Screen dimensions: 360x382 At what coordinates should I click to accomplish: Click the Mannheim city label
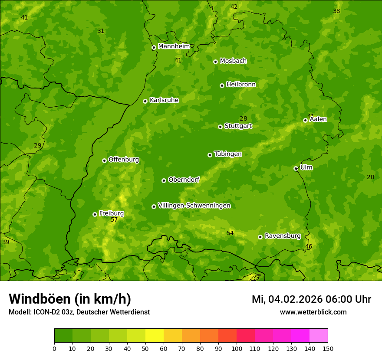click(174, 46)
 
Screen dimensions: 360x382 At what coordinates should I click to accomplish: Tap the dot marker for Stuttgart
click(220, 127)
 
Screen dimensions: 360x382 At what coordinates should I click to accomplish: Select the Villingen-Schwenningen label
click(194, 206)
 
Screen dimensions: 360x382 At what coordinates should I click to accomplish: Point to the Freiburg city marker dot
click(95, 214)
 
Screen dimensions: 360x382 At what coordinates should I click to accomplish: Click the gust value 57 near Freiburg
click(114, 220)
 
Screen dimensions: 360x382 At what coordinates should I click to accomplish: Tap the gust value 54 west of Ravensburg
click(230, 233)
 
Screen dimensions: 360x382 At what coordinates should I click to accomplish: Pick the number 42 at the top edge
click(234, 7)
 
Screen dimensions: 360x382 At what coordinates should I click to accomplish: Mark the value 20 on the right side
click(370, 177)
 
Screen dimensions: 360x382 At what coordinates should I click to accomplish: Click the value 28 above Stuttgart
click(243, 119)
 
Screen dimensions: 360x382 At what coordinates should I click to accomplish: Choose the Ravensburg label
click(283, 236)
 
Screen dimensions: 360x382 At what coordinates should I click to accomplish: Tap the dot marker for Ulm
click(296, 168)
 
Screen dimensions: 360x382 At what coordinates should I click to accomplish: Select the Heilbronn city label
click(241, 85)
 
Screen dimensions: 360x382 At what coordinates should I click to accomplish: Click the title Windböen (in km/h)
click(70, 299)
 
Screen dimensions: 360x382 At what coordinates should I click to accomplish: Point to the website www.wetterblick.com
click(313, 312)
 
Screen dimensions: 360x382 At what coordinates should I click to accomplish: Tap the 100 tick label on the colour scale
click(237, 348)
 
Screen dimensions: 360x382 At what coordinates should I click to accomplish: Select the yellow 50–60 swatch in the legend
click(155, 336)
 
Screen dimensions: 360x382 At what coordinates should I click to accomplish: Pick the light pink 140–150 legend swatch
click(319, 336)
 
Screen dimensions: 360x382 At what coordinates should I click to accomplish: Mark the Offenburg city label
click(124, 160)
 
